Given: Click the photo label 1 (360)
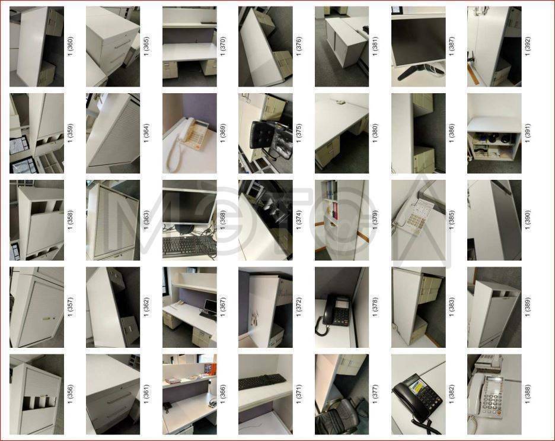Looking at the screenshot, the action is [x=70, y=46].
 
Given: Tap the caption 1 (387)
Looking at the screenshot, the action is [x=451, y=46].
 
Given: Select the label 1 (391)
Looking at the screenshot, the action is [x=527, y=133].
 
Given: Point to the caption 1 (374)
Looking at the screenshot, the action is [x=299, y=220].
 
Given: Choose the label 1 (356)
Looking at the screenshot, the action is [x=70, y=394].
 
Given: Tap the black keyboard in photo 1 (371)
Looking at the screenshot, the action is [x=262, y=382].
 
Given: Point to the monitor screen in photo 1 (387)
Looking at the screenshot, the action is [x=419, y=41].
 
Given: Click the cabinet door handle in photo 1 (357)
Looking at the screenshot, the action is [x=47, y=319].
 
